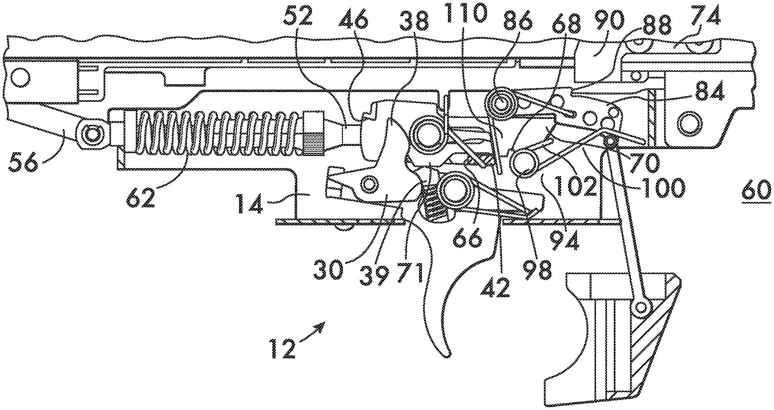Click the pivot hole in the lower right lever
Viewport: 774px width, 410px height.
[x=641, y=308]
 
